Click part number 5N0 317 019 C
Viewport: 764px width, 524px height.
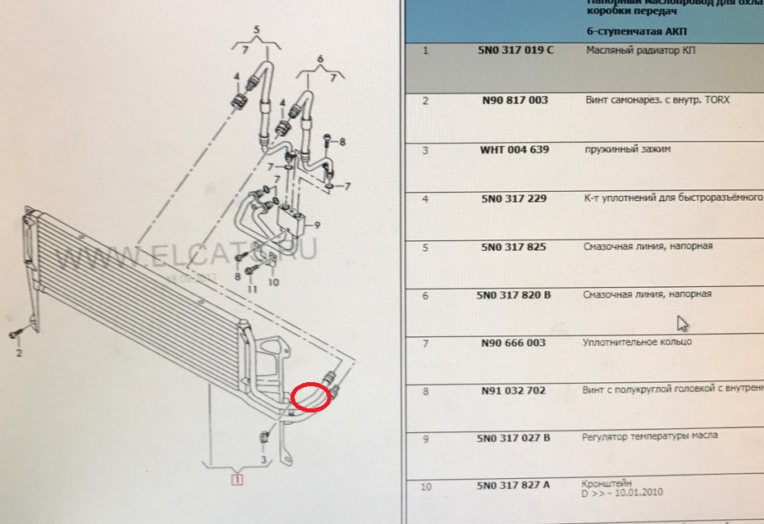pos(515,50)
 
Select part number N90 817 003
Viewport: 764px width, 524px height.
pos(515,100)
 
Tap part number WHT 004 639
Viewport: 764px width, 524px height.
pos(515,150)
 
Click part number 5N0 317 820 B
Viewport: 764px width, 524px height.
pos(516,294)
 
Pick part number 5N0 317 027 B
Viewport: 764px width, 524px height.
pos(515,438)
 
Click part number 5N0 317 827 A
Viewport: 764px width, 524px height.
pos(515,486)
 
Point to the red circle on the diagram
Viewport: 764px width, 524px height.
pos(311,396)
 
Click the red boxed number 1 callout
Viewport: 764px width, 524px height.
pos(237,481)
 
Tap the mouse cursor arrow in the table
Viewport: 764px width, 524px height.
pos(683,323)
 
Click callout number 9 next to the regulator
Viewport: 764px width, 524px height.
pos(317,225)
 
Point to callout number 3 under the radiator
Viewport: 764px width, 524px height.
pos(264,460)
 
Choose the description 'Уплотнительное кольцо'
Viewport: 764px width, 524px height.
pos(637,342)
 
